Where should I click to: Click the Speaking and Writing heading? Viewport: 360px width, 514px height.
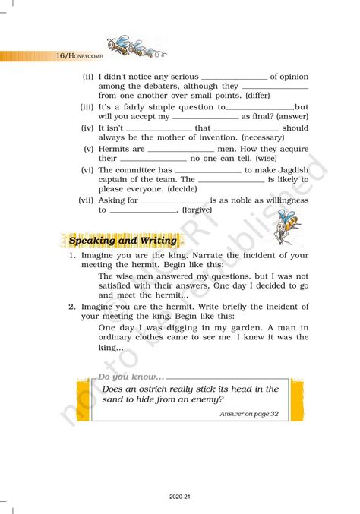pos(123,241)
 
